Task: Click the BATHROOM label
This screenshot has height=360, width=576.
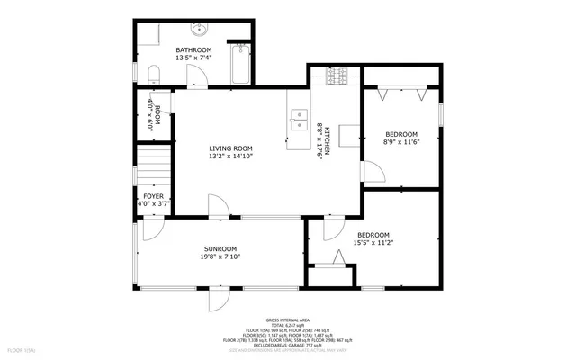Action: (x=193, y=49)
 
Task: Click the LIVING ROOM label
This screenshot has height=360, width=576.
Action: (x=230, y=148)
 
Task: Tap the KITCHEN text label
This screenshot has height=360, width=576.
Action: (x=328, y=142)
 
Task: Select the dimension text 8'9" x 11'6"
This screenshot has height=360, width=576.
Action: (x=400, y=142)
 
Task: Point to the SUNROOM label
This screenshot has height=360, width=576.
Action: (x=220, y=248)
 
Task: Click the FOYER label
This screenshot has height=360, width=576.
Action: (x=153, y=195)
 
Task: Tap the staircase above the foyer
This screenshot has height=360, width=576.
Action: (x=153, y=167)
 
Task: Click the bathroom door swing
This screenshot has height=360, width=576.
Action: (x=206, y=76)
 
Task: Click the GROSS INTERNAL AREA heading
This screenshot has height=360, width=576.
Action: (x=288, y=320)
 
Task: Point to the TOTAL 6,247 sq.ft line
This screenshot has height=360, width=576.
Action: (x=288, y=326)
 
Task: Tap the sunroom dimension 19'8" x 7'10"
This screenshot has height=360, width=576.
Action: (x=220, y=256)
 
